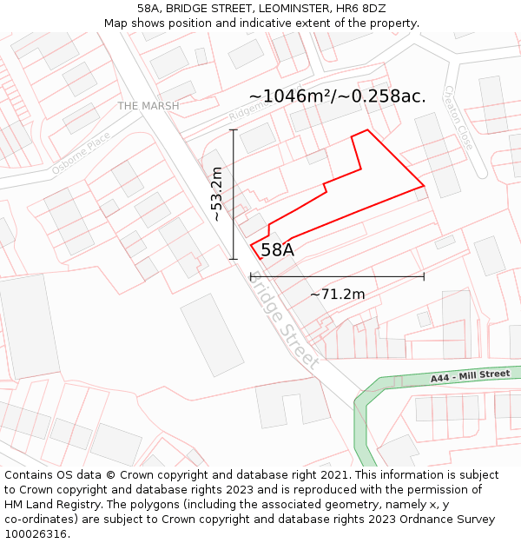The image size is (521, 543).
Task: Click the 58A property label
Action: (x=277, y=250)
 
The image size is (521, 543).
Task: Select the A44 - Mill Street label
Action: (x=470, y=376)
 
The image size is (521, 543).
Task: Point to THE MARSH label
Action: (x=148, y=106)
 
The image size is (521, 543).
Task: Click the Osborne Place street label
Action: (x=81, y=153)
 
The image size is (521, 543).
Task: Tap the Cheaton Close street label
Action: (x=458, y=116)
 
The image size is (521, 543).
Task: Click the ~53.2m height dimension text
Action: (x=217, y=195)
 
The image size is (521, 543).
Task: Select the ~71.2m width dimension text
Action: (x=337, y=295)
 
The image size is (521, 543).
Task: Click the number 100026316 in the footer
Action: (x=35, y=534)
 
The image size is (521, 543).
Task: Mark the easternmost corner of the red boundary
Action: (x=424, y=185)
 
